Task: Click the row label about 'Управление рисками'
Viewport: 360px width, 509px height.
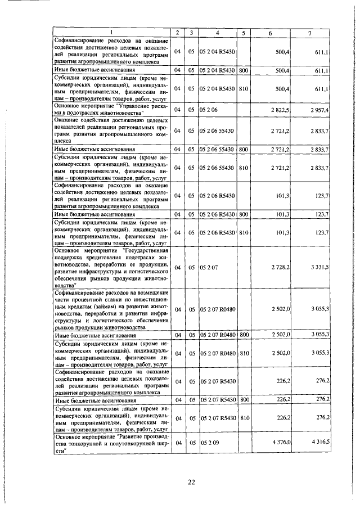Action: (x=112, y=109)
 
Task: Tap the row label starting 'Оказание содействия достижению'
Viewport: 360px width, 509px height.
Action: (x=112, y=130)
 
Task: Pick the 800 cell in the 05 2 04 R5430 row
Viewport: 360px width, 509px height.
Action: (x=244, y=70)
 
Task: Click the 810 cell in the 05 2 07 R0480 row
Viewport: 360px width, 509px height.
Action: (x=244, y=353)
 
